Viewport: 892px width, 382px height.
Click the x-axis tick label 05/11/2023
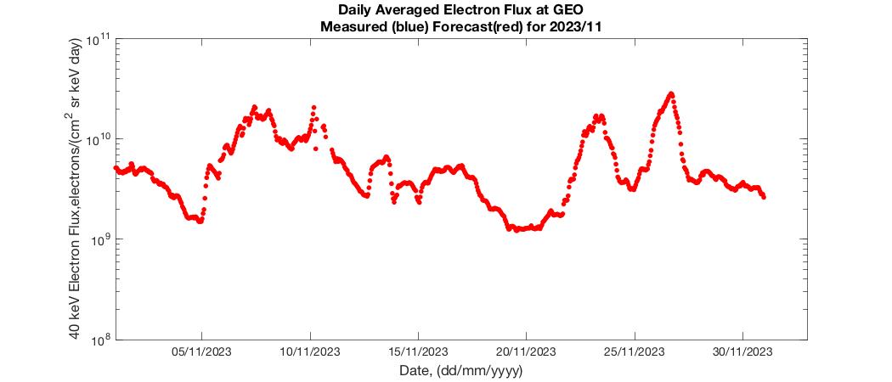click(201, 352)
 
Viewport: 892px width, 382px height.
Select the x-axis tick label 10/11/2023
click(310, 352)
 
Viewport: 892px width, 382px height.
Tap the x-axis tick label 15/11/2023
click(418, 352)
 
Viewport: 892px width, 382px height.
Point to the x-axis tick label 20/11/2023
click(526, 352)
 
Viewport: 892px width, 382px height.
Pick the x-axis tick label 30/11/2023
click(742, 352)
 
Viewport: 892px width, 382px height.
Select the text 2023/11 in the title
click(580, 26)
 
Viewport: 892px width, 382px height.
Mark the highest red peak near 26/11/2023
click(671, 93)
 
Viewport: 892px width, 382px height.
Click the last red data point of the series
click(764, 197)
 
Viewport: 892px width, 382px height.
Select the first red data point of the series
click(116, 167)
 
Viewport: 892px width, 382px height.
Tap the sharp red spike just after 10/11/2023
click(313, 108)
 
